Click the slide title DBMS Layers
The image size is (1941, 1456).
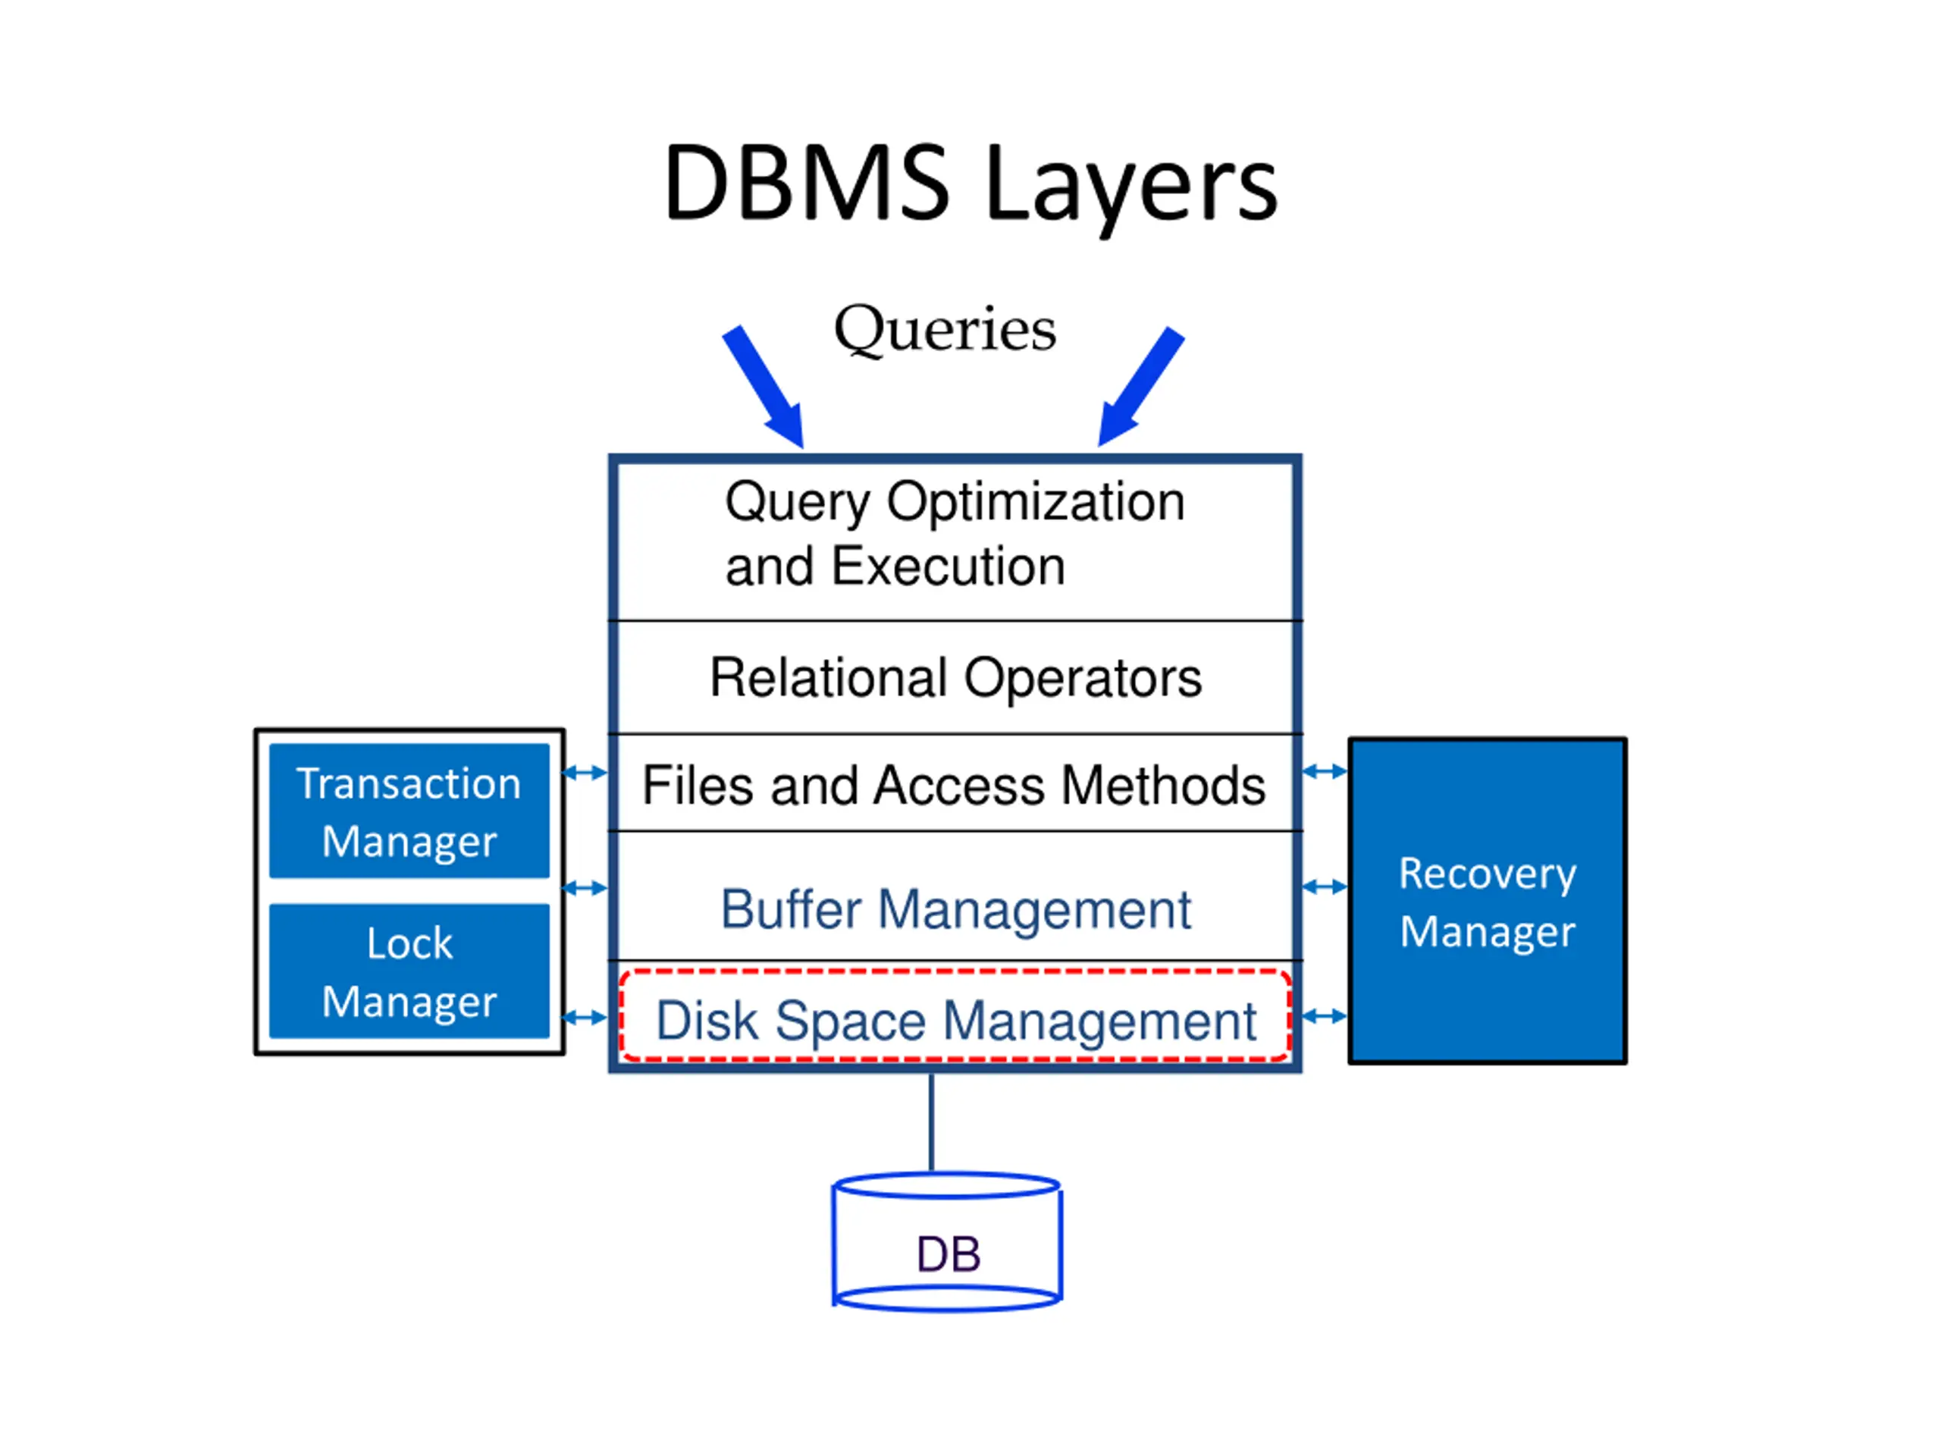click(x=970, y=184)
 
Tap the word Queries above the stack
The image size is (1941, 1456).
click(x=945, y=330)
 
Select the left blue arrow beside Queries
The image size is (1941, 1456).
click(x=764, y=386)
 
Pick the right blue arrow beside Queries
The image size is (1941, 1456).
click(x=1141, y=386)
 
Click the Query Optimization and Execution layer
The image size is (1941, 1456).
click(x=955, y=541)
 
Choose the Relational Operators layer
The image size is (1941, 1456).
click(x=955, y=677)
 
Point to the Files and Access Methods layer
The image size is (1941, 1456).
click(x=955, y=783)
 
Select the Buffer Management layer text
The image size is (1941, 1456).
click(x=955, y=909)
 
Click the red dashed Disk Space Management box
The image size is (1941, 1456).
click(x=955, y=1016)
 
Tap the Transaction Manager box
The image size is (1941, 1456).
click(x=409, y=811)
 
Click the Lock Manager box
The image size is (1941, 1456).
click(x=409, y=971)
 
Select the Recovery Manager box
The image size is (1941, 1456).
click(x=1488, y=902)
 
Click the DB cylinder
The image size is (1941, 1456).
click(x=947, y=1242)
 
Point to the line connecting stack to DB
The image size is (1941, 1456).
click(x=931, y=1122)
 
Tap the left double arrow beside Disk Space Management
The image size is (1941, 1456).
click(x=585, y=1018)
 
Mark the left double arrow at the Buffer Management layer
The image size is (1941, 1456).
click(x=585, y=888)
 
